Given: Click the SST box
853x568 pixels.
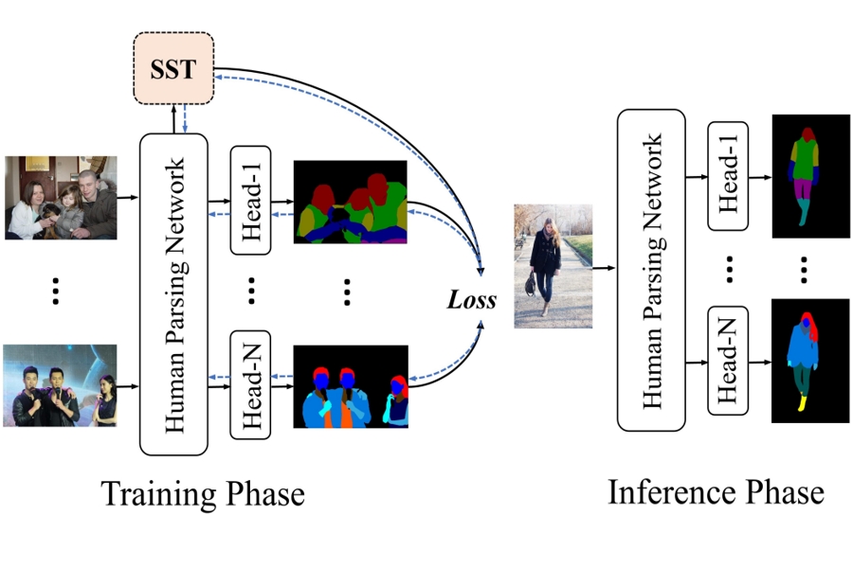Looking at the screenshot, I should (172, 69).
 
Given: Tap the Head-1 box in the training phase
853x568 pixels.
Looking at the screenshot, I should (251, 201).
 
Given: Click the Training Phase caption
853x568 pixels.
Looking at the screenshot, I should (202, 495).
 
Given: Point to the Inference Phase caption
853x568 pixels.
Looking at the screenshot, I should (716, 492).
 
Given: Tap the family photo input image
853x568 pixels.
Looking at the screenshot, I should (61, 198).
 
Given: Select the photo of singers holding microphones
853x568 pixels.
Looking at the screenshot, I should (60, 385).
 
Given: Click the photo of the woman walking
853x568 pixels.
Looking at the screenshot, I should (554, 266).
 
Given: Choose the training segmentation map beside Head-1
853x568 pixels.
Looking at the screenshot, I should (350, 201).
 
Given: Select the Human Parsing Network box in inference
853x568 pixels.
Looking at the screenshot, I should (651, 270).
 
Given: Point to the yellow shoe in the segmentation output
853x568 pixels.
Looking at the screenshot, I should (804, 404).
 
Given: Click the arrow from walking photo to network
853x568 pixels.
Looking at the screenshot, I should (604, 268).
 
